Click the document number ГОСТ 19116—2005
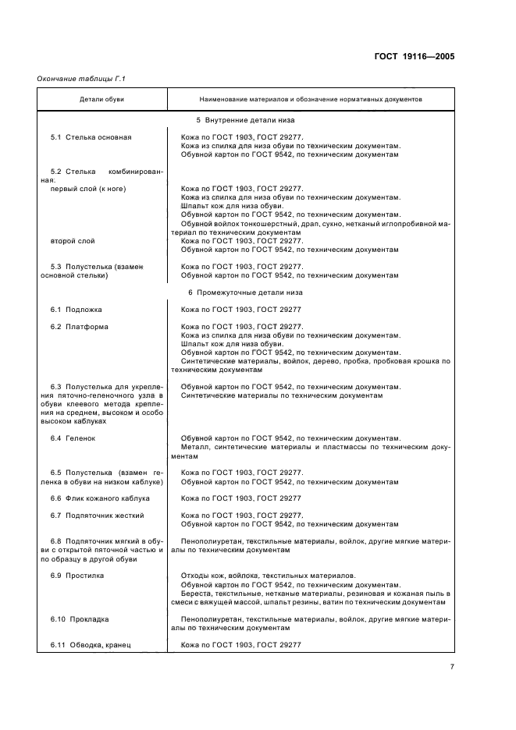415,56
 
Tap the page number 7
452,665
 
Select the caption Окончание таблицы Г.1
81,79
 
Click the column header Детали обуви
101,100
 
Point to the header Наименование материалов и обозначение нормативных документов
310,100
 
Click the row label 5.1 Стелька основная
91,137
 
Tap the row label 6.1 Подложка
76,310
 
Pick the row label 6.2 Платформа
79,327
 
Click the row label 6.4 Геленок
75,438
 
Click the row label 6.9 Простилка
77,576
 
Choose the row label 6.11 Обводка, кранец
91,644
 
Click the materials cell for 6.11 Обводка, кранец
240,644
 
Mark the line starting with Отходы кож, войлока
267,576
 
